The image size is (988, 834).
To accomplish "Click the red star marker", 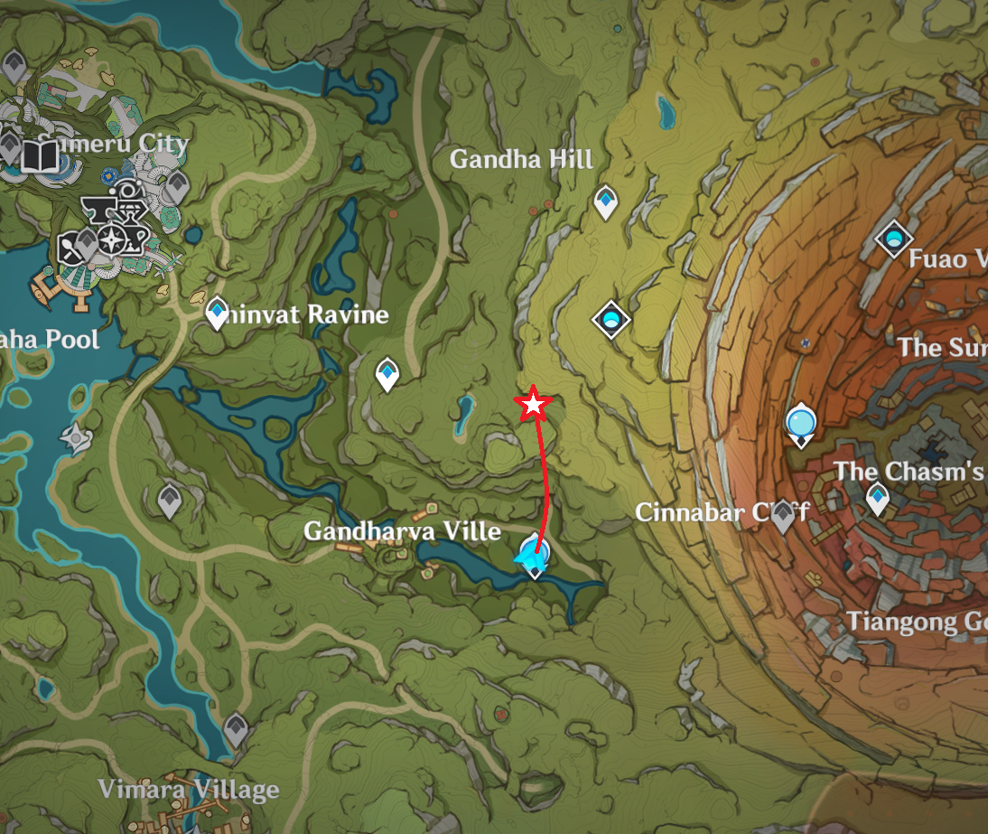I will tap(533, 406).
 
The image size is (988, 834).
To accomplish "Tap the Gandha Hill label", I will tap(521, 160).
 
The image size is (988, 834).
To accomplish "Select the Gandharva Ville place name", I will tap(402, 530).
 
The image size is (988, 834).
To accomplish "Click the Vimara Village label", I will tap(188, 790).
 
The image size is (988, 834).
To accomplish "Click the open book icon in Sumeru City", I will tap(39, 157).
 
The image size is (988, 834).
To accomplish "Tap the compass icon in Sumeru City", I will tap(112, 239).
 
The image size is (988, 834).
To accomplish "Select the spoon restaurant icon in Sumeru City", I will tap(70, 247).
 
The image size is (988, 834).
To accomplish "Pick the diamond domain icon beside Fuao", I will tap(893, 239).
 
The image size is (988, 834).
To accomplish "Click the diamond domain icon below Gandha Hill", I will tap(611, 319).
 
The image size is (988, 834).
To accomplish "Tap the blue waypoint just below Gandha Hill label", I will tap(605, 201).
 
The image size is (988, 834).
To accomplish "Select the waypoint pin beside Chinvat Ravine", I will tap(217, 313).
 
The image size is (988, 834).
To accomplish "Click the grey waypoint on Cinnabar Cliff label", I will tap(782, 515).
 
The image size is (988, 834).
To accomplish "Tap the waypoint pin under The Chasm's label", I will tap(877, 497).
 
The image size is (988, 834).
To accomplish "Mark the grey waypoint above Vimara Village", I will tap(236, 728).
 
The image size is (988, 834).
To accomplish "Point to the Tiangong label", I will tap(914, 622).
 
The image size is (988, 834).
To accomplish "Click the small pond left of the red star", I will tap(465, 413).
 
